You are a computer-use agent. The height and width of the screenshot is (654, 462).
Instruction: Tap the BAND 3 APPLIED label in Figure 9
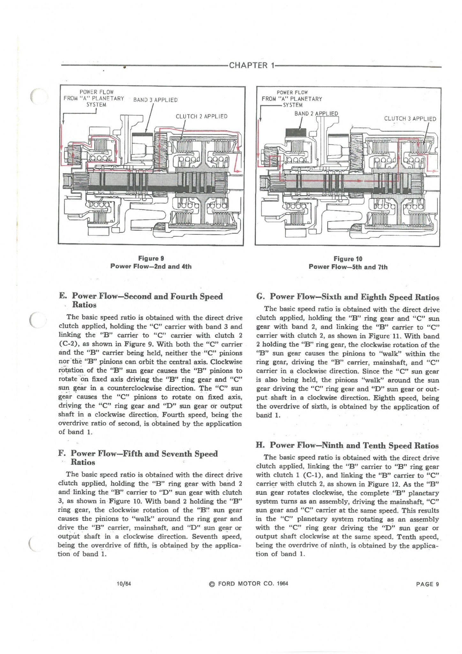pos(155,100)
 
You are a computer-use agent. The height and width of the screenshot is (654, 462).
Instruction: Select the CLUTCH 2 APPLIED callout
pos(201,117)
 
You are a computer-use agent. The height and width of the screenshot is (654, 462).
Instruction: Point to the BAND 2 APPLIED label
pos(316,114)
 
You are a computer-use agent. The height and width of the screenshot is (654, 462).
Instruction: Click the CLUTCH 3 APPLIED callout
pos(410,119)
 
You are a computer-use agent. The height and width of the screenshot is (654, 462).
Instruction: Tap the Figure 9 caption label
pos(151,258)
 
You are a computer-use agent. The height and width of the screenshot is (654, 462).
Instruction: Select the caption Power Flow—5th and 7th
pos(348,267)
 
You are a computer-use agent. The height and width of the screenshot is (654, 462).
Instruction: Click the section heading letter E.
pos(62,296)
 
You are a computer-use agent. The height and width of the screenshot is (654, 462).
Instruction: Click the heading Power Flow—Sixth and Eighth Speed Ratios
pos(348,297)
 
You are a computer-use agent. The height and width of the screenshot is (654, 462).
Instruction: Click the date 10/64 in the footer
pos(124,584)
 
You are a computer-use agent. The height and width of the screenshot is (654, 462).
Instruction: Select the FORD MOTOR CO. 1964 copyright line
pos(248,584)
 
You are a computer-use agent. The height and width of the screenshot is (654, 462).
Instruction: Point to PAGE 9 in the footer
pos(427,584)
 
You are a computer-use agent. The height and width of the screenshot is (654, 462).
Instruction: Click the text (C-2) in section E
pos(68,344)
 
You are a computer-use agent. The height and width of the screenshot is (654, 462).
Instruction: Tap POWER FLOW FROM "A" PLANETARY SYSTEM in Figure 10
pos(292,99)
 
